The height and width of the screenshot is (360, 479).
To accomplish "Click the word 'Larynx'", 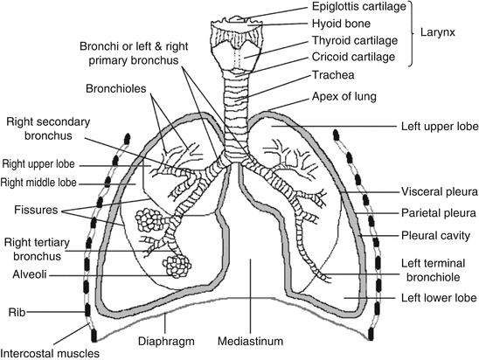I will pos(450,33).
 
